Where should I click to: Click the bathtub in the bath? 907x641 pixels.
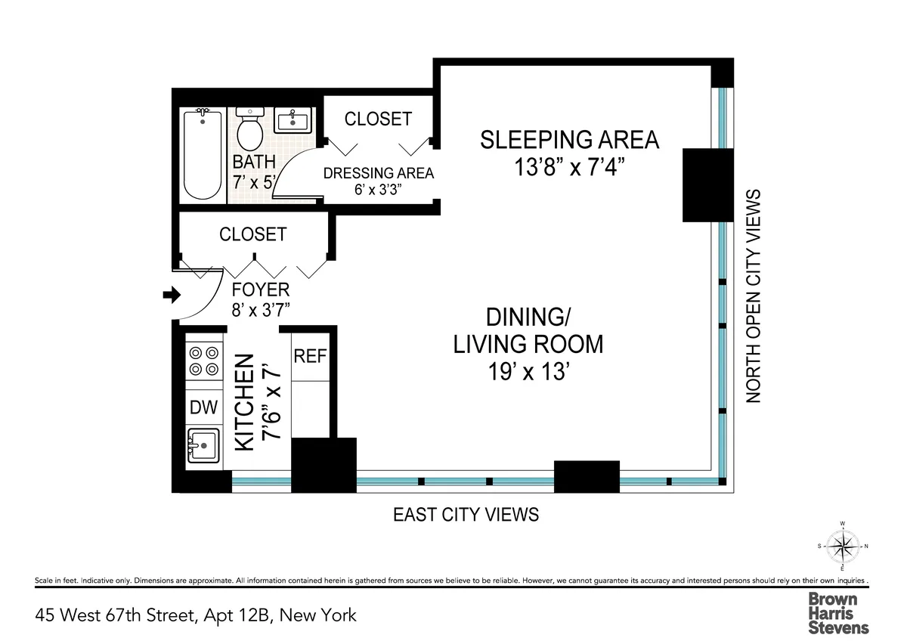pos(203,156)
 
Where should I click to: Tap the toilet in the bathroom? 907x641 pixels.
pos(249,130)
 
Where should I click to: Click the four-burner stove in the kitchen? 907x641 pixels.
pos(205,361)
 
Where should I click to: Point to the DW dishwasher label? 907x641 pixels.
pos(203,408)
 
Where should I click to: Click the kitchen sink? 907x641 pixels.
pos(204,445)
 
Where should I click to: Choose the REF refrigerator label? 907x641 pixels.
pos(310,356)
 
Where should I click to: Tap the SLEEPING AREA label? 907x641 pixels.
pos(570,140)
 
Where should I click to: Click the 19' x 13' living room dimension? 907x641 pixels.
pos(528,373)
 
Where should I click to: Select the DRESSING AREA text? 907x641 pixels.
pos(379,173)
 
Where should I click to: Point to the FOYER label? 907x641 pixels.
pos(260,290)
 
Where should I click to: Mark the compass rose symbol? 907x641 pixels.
pos(841,544)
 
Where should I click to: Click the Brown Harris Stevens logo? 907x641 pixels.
pos(839,612)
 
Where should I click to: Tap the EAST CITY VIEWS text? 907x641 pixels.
pos(466,515)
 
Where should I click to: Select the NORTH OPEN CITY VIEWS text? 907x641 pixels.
pos(754,296)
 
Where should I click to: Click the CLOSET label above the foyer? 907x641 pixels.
pos(253,234)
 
